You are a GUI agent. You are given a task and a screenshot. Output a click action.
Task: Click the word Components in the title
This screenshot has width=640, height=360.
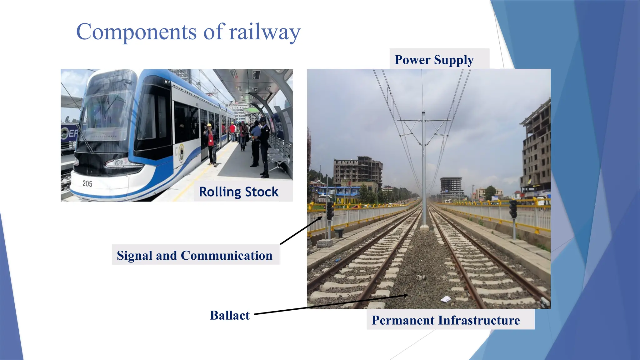136,32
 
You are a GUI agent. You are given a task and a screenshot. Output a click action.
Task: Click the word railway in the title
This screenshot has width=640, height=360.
265,32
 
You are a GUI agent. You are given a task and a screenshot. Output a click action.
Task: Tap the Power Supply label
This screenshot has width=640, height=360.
434,60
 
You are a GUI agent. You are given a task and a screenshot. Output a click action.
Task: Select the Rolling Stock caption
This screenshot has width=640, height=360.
238,192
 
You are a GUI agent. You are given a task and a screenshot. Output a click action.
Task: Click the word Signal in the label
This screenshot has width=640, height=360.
135,256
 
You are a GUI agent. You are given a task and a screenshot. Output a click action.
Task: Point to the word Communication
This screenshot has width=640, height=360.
227,256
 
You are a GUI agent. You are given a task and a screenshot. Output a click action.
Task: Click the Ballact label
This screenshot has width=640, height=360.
230,315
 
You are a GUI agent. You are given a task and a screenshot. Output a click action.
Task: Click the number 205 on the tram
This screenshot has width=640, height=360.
87,184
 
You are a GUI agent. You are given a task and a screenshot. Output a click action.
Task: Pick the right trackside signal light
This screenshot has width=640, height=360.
513,209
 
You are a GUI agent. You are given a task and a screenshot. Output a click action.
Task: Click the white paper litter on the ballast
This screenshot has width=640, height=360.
446,299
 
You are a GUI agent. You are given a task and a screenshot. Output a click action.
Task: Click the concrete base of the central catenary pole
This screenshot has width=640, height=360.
424,227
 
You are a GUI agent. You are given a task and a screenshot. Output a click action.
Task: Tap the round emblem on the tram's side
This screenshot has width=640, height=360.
181,153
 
